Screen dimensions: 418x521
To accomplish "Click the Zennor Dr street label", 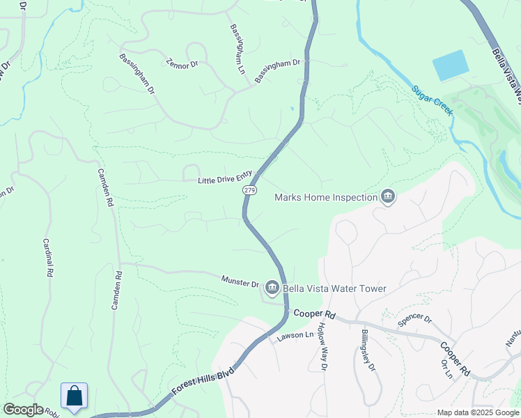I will pyautogui.click(x=182, y=63).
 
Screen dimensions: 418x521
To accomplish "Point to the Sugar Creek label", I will pyautogui.click(x=432, y=100).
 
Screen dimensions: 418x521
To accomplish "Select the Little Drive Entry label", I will pyautogui.click(x=224, y=180).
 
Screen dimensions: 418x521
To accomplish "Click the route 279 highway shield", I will pyautogui.click(x=250, y=190).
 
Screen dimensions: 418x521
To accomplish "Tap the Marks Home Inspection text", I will pyautogui.click(x=325, y=197).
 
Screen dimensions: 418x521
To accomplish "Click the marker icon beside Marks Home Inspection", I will pyautogui.click(x=388, y=198).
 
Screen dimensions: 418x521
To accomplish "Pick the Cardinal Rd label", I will pyautogui.click(x=49, y=259).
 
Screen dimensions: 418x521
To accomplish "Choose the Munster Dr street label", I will pyautogui.click(x=240, y=283).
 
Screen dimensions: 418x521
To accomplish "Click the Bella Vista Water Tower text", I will pyautogui.click(x=334, y=288).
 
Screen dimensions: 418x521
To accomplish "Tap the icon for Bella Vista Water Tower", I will pyautogui.click(x=272, y=287).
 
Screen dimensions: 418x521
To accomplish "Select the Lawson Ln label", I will pyautogui.click(x=291, y=336).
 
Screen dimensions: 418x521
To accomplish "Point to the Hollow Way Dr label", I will pyautogui.click(x=322, y=346).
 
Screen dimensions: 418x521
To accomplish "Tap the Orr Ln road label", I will pyautogui.click(x=446, y=369).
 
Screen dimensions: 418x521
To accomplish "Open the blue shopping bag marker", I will pyautogui.click(x=75, y=396).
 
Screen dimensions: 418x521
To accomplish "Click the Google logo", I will pyautogui.click(x=23, y=410).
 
